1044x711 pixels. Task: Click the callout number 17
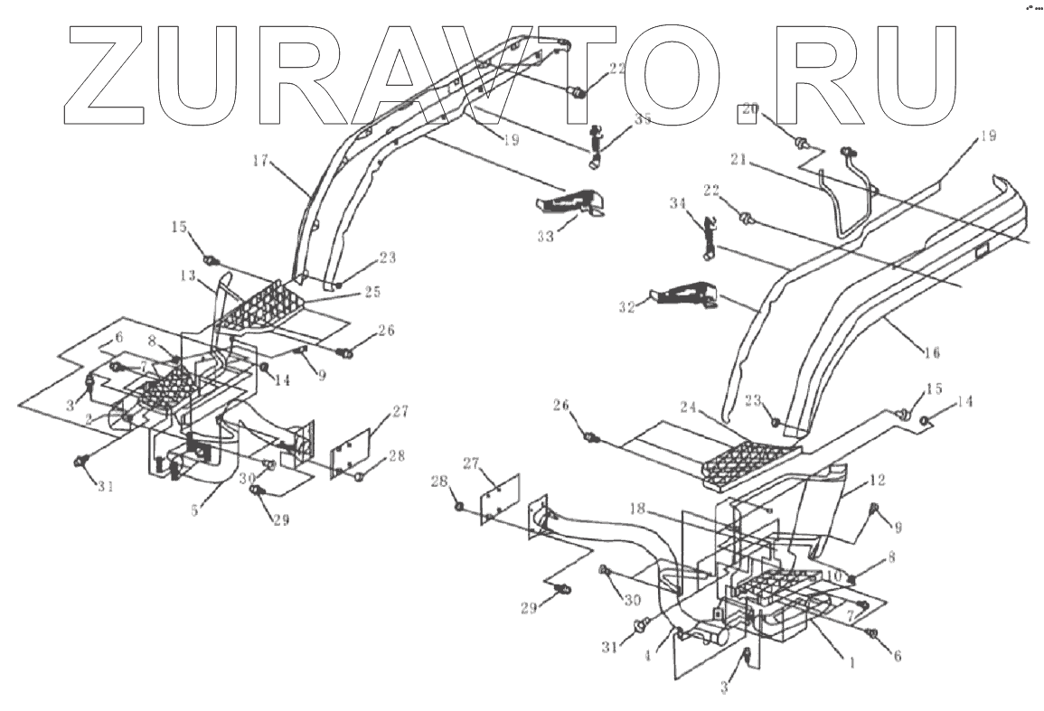(259, 161)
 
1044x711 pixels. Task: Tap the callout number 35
(617, 117)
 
